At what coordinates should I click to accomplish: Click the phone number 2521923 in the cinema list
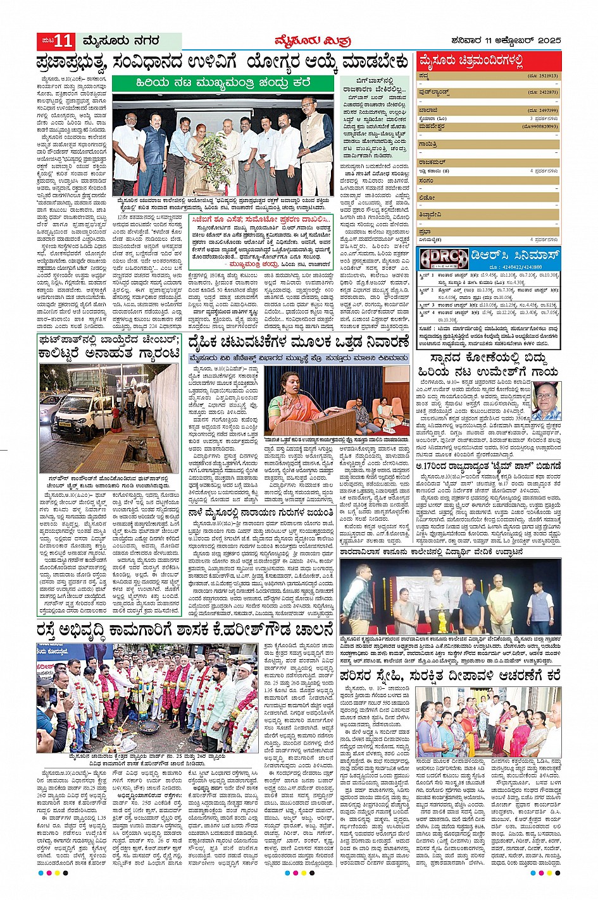click(x=543, y=76)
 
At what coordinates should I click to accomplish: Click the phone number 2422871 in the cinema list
click(x=543, y=92)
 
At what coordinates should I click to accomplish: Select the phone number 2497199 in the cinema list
click(x=543, y=110)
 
